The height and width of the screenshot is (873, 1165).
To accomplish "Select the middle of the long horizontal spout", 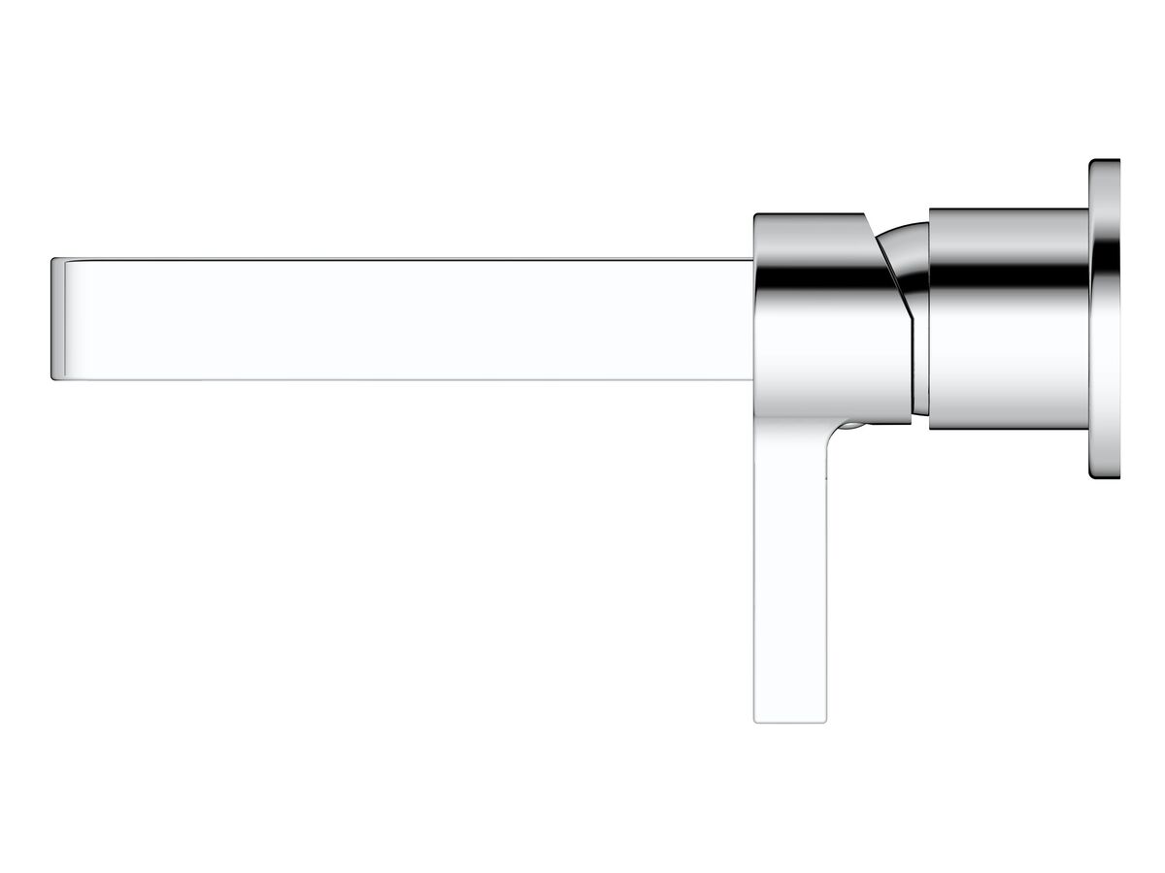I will tap(403, 318).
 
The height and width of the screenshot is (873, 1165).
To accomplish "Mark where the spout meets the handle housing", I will tap(753, 318).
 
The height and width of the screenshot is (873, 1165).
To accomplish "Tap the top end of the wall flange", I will tap(1104, 163).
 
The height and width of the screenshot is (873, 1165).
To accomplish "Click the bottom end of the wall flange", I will tap(1104, 475).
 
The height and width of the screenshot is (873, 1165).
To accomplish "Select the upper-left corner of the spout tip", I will tap(54, 260).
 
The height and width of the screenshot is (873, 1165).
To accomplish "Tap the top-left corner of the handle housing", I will tap(756, 216).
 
